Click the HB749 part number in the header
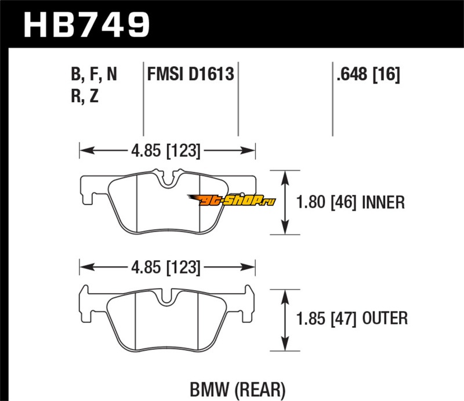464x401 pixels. [86, 24]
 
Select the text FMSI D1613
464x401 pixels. [190, 74]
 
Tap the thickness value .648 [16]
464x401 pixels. [367, 74]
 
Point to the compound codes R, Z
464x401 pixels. [84, 96]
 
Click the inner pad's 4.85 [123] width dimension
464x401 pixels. [168, 151]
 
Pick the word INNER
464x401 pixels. [382, 203]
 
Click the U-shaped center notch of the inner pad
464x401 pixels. [168, 180]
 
